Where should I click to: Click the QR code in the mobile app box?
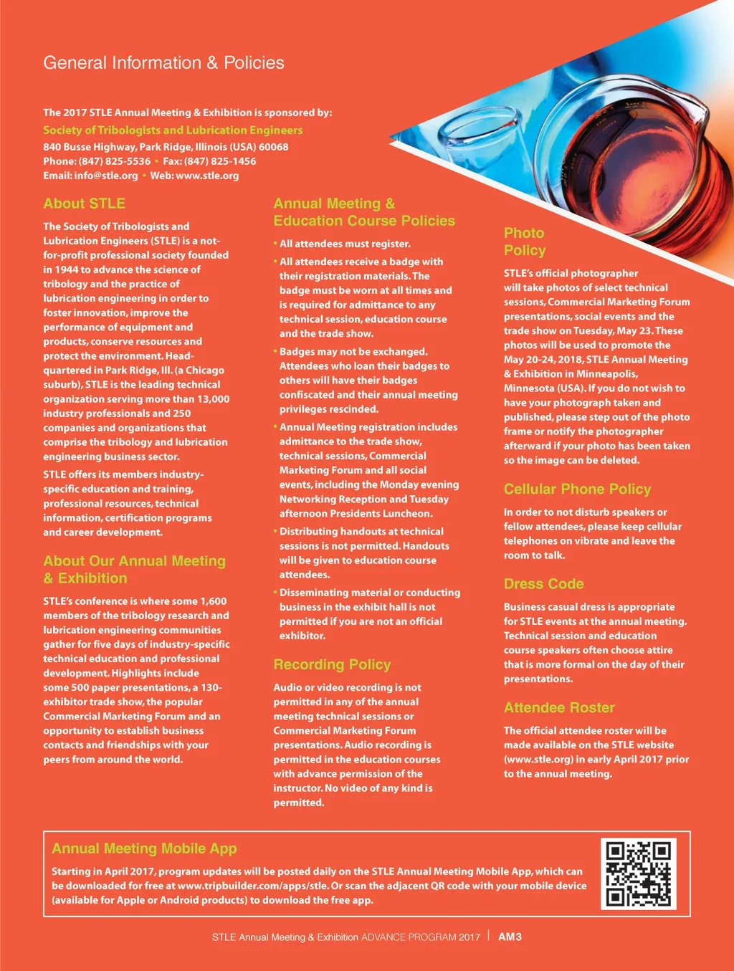point(639,874)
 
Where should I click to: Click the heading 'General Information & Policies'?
point(163,63)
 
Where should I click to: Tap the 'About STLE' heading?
point(84,204)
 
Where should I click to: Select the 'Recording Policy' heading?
point(332,664)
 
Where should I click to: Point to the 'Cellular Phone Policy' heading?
point(577,489)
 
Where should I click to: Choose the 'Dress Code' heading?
point(543,583)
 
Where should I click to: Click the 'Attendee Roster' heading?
point(559,707)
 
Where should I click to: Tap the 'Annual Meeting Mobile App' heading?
point(144,848)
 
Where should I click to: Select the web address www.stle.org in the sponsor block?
point(207,176)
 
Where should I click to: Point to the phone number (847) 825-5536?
point(115,161)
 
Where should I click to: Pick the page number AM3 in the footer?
point(510,937)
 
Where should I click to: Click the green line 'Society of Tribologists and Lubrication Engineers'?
point(173,130)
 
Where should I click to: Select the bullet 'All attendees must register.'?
point(345,244)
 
